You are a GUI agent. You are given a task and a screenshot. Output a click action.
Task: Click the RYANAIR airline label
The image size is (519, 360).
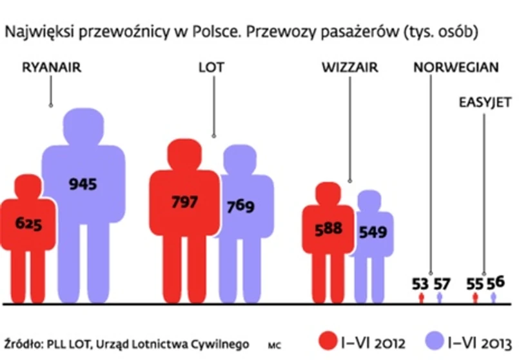(x=52, y=67)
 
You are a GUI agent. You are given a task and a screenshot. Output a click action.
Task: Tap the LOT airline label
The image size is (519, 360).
(x=212, y=67)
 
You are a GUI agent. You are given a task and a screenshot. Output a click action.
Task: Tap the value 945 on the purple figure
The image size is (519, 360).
(x=83, y=185)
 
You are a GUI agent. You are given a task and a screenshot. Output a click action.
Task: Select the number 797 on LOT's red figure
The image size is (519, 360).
(x=185, y=201)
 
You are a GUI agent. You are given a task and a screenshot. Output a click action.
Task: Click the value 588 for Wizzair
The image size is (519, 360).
(x=329, y=230)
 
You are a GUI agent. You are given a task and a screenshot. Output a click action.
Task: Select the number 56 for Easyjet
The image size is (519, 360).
(x=495, y=282)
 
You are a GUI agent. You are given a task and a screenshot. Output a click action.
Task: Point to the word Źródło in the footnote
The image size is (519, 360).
(x=23, y=343)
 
